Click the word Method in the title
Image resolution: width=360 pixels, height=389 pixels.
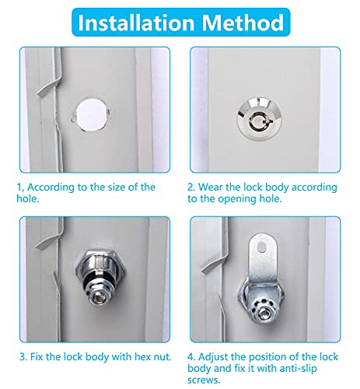pos(244,23)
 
